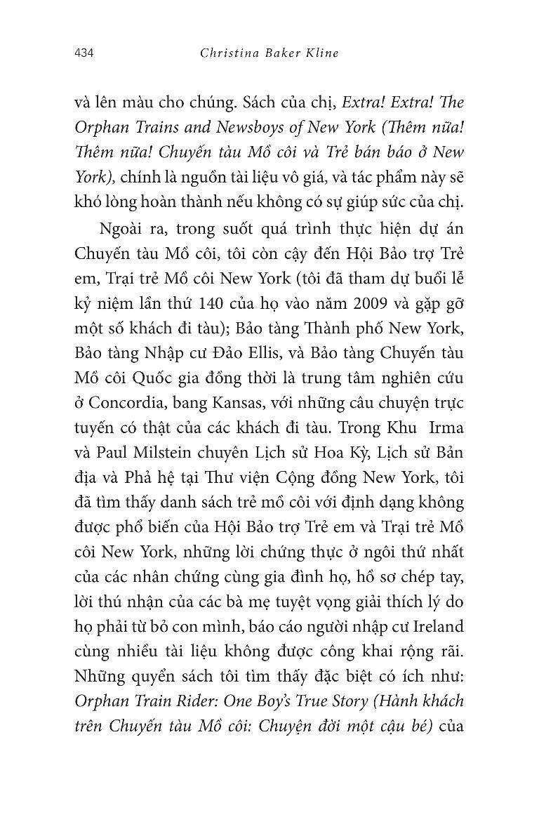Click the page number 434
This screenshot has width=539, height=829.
click(84, 53)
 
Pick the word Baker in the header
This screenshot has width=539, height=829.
click(277, 53)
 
